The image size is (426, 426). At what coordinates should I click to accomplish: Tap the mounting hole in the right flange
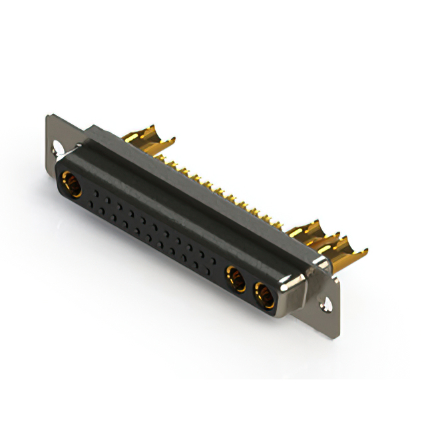pyautogui.click(x=326, y=306)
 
